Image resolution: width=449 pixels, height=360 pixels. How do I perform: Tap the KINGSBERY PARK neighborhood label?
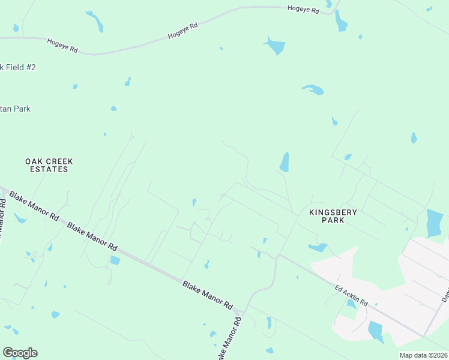pyautogui.click(x=333, y=216)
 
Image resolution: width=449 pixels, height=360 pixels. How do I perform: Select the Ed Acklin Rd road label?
pyautogui.click(x=351, y=296)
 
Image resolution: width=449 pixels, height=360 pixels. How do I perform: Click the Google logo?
pyautogui.click(x=20, y=353)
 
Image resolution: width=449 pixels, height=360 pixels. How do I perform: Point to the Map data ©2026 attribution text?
pyautogui.click(x=423, y=355)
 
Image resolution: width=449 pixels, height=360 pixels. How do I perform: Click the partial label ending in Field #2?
pyautogui.click(x=18, y=67)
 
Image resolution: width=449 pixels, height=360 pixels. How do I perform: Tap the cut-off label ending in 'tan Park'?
pyautogui.click(x=16, y=109)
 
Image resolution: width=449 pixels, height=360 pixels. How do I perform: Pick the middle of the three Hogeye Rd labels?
pyautogui.click(x=183, y=31)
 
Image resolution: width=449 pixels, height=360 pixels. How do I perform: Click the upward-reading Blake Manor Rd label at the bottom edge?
pyautogui.click(x=229, y=340)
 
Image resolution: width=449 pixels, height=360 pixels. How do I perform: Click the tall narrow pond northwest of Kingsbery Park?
pyautogui.click(x=285, y=162)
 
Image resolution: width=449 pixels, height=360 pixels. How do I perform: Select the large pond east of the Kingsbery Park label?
pyautogui.click(x=434, y=223)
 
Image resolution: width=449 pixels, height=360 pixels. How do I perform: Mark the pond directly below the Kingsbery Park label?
pyautogui.click(x=317, y=247)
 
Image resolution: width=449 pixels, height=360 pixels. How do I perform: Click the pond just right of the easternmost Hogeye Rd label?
pyautogui.click(x=341, y=22)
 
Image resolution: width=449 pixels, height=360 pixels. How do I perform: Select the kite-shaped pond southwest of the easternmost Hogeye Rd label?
pyautogui.click(x=274, y=45)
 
